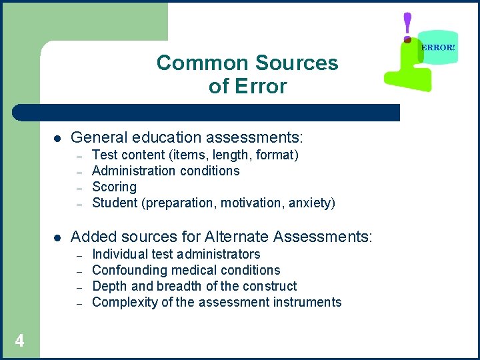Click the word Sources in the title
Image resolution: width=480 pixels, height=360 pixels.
coord(299,63)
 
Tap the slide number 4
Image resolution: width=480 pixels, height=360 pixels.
coord(19,341)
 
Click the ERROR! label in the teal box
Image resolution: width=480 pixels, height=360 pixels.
coord(439,48)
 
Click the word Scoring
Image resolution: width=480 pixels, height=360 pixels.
coord(114,187)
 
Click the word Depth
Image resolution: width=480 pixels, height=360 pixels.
coord(108,286)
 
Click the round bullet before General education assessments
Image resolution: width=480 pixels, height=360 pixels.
coord(57,139)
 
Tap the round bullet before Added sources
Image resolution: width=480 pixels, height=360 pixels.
coord(57,237)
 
